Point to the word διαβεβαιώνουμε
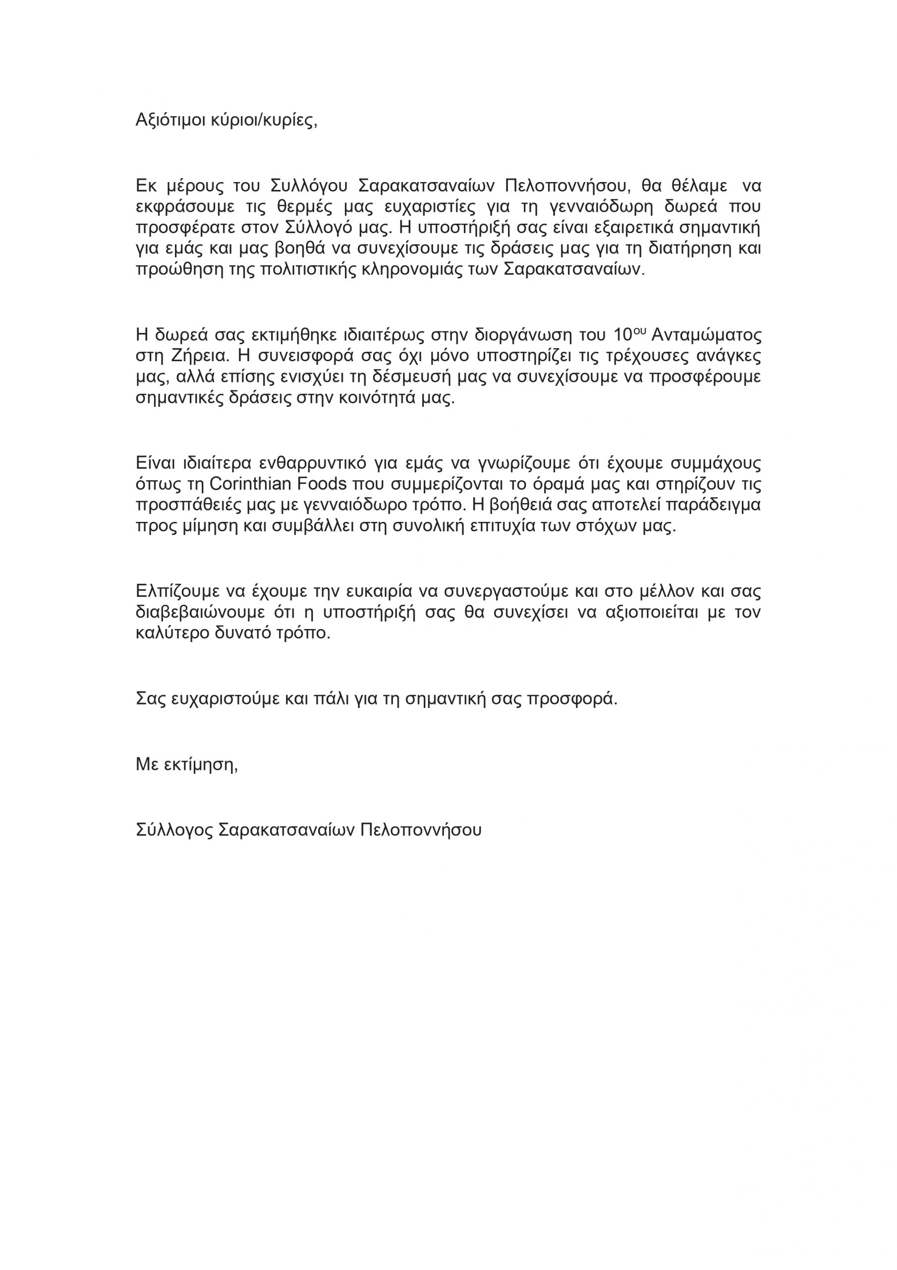click(202, 612)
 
